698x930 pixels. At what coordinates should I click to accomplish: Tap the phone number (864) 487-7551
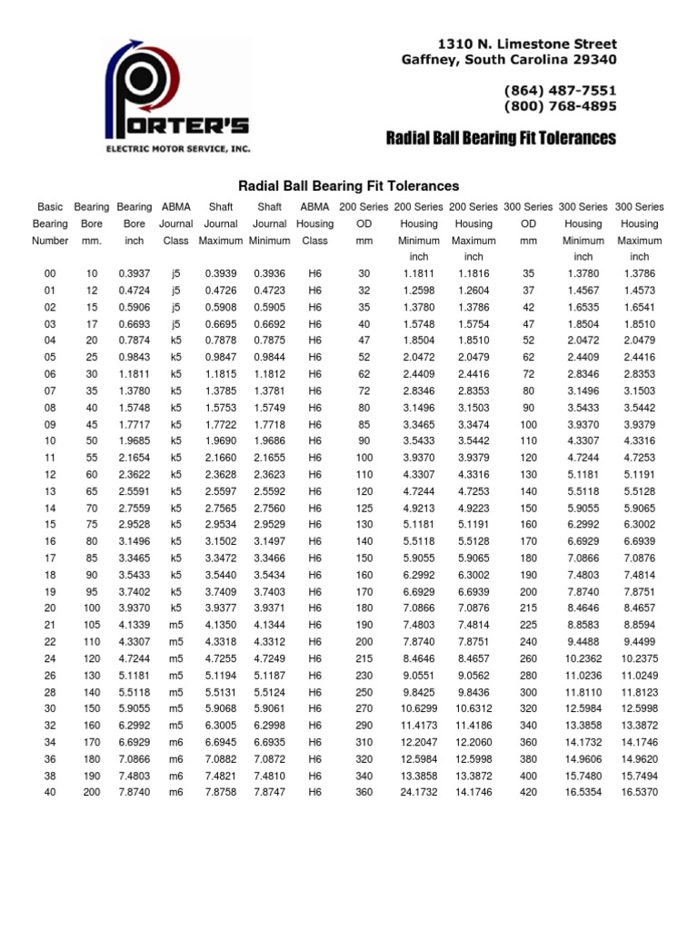(560, 90)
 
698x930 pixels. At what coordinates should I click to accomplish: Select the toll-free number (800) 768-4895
(560, 106)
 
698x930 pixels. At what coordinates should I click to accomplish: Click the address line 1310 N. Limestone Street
(527, 44)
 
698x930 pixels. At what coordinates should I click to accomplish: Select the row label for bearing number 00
(50, 273)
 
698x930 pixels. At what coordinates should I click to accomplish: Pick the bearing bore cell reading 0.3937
(134, 273)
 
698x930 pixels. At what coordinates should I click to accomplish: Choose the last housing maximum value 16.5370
(639, 792)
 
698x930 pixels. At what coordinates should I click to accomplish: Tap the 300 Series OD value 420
(528, 792)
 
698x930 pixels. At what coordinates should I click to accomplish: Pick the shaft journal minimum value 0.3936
(270, 273)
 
